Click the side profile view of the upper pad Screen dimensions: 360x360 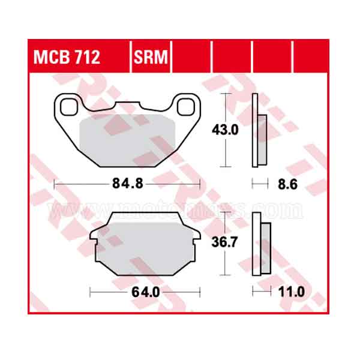point(259,132)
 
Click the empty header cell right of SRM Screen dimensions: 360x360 point(192,58)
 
